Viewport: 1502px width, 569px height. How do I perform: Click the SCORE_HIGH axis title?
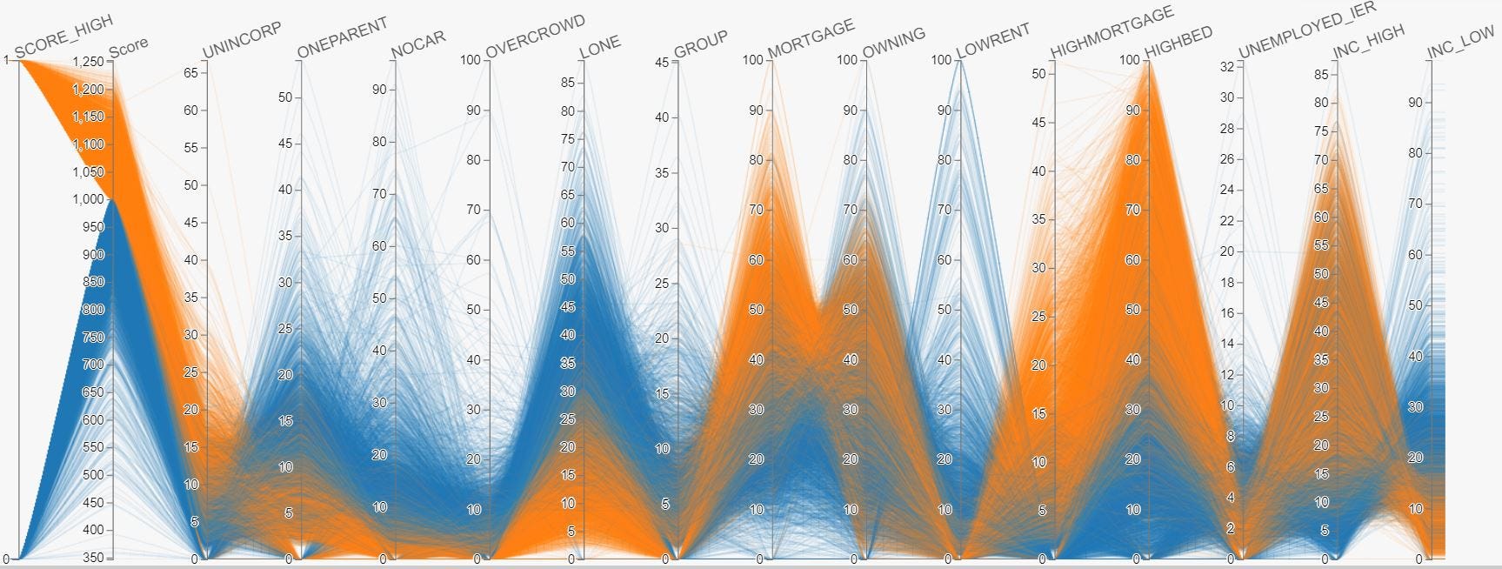point(63,37)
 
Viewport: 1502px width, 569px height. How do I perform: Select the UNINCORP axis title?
point(242,41)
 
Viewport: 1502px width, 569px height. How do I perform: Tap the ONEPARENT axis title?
point(342,38)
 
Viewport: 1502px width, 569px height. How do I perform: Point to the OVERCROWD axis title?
point(535,36)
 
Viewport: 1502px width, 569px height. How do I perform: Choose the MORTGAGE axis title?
point(811,39)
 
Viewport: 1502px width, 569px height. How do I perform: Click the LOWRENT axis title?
point(992,41)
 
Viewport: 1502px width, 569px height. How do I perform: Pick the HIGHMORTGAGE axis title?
point(1111,33)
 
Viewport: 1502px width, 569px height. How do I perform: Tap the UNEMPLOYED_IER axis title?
point(1306,30)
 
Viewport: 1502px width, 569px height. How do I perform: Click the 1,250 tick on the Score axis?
point(89,62)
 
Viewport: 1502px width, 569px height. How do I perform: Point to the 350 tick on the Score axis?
point(92,558)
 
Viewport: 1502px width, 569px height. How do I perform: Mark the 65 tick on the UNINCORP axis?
point(190,73)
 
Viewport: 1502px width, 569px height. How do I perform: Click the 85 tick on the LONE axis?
point(568,83)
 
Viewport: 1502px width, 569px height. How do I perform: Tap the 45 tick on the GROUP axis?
point(662,63)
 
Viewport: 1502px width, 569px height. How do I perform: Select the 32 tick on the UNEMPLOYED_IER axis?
point(1226,67)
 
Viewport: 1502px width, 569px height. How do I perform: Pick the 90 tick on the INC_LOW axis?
point(1415,103)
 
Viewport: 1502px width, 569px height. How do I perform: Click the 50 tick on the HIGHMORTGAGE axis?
point(1038,74)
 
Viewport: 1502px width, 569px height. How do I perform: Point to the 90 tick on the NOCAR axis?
point(379,90)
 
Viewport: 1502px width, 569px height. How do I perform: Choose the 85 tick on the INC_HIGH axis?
point(1321,75)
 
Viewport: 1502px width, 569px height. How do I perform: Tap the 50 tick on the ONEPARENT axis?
point(284,97)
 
